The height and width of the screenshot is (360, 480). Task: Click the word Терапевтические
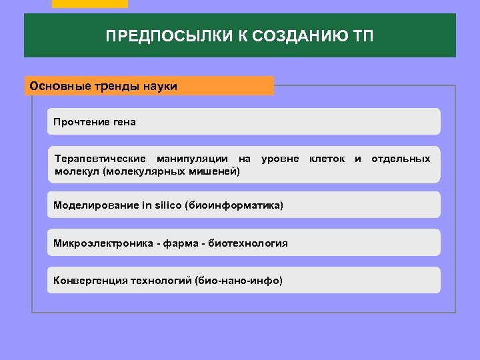[x=100, y=159]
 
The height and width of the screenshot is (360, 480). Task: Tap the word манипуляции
[x=203, y=159]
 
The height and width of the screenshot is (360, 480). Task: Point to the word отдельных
[x=401, y=159]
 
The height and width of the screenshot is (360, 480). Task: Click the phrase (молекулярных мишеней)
[x=171, y=171]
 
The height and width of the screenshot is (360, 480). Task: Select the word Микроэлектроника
[x=102, y=243]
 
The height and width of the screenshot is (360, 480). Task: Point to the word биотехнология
[x=248, y=243]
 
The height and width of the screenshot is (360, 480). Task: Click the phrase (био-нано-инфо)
[x=239, y=280]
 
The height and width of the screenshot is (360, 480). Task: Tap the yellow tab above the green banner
[x=89, y=3]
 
